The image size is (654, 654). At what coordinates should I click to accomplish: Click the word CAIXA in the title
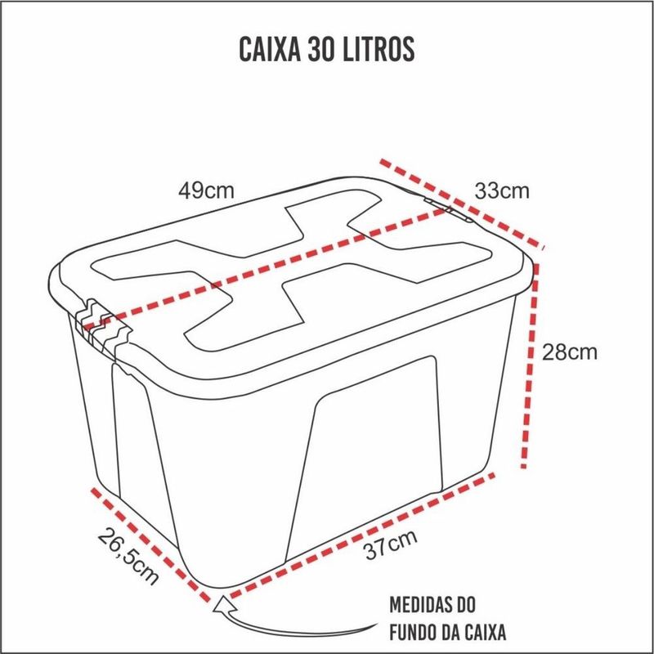(270, 49)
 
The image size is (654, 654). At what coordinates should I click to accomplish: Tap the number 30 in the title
(321, 49)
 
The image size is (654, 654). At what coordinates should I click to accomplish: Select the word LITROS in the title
(379, 49)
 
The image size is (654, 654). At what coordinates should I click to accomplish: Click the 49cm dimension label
(206, 190)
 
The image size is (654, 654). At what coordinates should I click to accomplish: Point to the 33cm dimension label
(502, 191)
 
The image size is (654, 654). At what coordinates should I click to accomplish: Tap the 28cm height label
(569, 352)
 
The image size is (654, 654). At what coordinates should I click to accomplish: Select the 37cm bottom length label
(391, 544)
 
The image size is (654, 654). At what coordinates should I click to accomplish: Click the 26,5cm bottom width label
(128, 557)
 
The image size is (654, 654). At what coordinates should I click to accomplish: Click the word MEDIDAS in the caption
(419, 605)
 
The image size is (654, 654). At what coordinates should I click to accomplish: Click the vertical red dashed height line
(530, 365)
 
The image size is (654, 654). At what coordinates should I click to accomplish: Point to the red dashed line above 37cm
(362, 535)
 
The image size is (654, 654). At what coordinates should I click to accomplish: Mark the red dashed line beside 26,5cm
(151, 545)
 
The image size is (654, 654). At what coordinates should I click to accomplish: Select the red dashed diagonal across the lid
(267, 267)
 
